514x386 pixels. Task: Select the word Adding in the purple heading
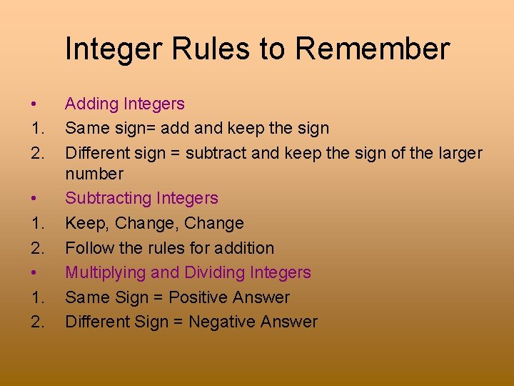coord(91,104)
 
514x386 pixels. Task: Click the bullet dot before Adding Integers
coord(34,104)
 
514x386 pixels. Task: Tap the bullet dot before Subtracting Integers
coord(34,199)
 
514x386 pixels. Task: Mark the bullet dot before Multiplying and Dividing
coord(34,273)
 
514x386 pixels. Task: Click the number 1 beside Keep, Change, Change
coord(35,224)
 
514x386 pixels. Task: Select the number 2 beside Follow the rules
coord(36,249)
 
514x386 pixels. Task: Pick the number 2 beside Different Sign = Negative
coord(36,322)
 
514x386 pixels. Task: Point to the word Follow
coord(88,249)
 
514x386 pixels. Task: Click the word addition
coord(245,249)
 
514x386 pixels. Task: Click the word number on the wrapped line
coord(94,174)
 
